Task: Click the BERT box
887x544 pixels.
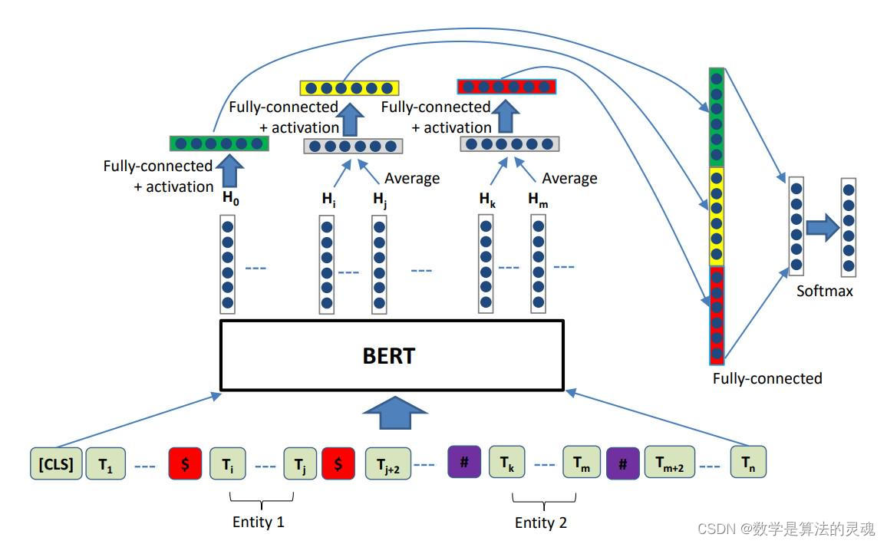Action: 392,355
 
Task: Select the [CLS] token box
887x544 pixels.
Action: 56,463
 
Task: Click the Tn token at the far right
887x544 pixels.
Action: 748,463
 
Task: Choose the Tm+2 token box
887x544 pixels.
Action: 669,463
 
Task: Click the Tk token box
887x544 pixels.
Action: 506,463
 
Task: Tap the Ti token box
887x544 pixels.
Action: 228,463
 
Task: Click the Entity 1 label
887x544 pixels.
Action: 259,523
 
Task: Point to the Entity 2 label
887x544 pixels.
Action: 541,523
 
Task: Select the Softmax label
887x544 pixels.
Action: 825,292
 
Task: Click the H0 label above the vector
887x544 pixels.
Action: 229,198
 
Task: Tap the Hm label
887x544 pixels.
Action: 538,199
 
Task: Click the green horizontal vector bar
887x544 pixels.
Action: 219,143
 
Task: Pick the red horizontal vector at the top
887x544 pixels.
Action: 506,86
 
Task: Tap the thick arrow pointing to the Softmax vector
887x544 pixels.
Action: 822,227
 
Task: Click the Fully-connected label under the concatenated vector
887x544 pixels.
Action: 767,378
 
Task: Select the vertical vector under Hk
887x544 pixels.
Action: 486,264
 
